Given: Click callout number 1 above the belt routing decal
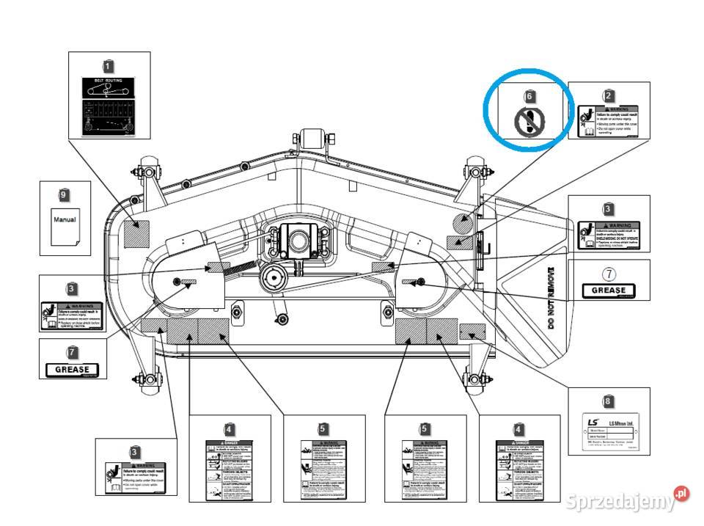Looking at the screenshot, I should tap(109, 65).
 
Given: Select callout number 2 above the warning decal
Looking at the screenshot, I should tap(608, 95).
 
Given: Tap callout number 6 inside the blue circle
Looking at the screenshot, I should tap(530, 96).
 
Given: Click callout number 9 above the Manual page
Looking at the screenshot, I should tap(64, 194).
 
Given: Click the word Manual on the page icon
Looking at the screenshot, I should tap(65, 219).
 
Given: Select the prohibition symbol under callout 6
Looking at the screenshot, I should tap(529, 120).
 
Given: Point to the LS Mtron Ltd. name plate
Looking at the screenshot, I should tap(608, 432).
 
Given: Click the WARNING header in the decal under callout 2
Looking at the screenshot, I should tap(617, 109).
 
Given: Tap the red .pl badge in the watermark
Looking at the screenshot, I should tap(681, 494).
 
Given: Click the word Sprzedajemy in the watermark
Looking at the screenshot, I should tap(620, 503).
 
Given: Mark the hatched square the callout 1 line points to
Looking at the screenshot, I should tap(136, 233).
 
